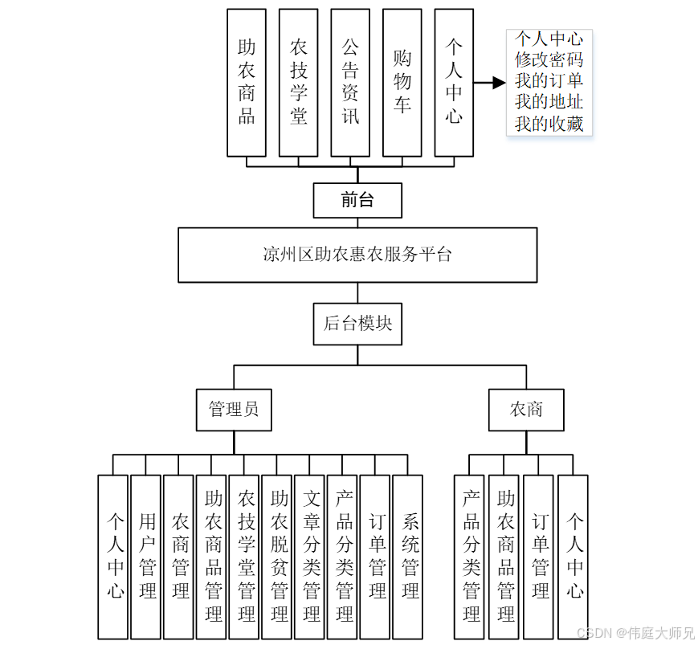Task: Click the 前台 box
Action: click(357, 200)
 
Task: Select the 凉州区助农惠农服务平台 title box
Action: click(357, 255)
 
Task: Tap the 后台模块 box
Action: click(357, 324)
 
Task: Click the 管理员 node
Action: click(234, 409)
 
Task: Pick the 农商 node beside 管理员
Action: click(526, 409)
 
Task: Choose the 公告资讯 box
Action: click(350, 82)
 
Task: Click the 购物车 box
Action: click(402, 82)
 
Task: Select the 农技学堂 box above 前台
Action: click(299, 82)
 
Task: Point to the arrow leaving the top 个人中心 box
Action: click(489, 82)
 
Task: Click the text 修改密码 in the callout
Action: click(549, 59)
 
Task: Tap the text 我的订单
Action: click(549, 80)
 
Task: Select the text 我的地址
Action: click(549, 102)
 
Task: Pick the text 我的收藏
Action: click(549, 124)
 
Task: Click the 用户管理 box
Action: click(146, 557)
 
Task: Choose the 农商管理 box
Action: click(179, 557)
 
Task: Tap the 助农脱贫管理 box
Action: click(279, 557)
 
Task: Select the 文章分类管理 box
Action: click(312, 557)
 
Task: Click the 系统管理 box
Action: click(410, 557)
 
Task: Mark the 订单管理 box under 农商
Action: click(539, 557)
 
